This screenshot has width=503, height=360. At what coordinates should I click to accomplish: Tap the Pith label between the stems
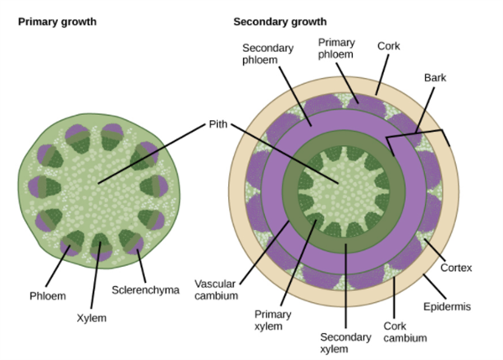tap(217, 124)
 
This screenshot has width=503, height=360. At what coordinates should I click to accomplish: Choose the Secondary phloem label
tap(267, 55)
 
